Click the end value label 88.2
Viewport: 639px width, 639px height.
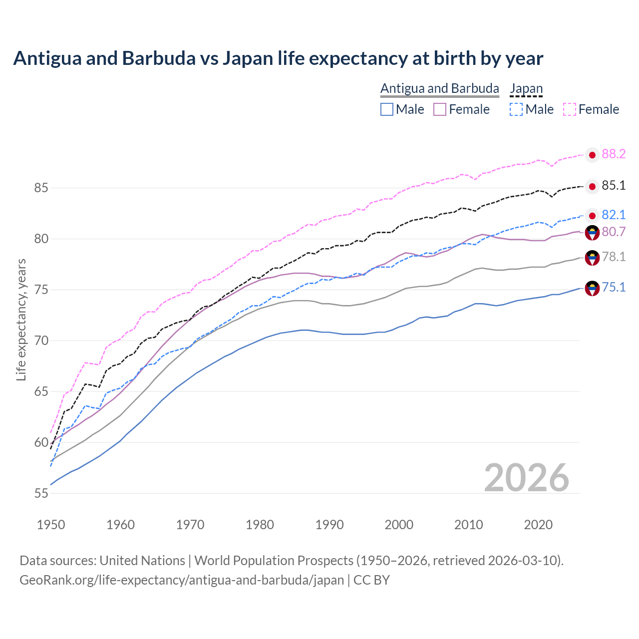point(614,154)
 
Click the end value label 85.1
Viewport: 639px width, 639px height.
point(614,186)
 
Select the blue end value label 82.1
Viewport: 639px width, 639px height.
point(614,215)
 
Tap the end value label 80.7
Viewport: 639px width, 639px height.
point(614,232)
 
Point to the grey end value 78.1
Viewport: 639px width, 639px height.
point(614,257)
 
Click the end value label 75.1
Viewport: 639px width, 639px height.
point(614,287)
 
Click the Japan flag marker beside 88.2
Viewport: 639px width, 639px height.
point(592,155)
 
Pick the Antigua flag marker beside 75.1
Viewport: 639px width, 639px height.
point(592,288)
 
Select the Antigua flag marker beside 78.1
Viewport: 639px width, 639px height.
point(592,258)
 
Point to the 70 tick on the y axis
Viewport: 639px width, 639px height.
point(41,341)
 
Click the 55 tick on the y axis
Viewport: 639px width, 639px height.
point(41,493)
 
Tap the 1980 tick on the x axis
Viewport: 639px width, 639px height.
point(260,525)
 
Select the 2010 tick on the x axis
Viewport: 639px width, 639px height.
point(468,525)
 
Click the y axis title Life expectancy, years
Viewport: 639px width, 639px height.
point(21,319)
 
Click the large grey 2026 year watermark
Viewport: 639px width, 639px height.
point(526,478)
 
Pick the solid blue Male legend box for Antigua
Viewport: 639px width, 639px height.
point(387,109)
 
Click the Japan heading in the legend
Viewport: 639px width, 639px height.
point(526,89)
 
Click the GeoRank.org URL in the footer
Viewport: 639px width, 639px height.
point(182,580)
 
